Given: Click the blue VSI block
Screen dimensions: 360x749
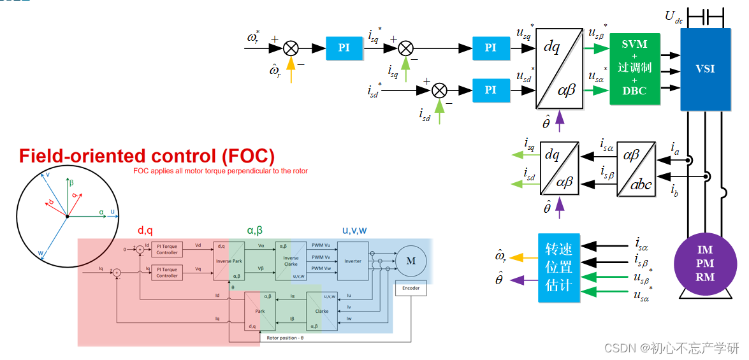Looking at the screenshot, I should point(705,69).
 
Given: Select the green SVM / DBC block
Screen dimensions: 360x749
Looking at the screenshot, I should point(634,68).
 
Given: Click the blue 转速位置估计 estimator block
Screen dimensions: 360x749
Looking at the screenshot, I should point(559,268).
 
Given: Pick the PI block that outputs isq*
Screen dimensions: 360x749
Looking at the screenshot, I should point(344,48).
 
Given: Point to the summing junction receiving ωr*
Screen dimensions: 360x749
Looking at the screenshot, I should point(291,48).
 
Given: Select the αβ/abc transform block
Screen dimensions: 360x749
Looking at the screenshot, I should point(636,169).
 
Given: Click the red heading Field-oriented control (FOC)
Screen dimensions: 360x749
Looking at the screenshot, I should point(147,156).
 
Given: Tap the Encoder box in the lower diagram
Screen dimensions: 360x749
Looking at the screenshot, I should point(411,288).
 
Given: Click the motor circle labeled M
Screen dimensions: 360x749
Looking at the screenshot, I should point(411,261).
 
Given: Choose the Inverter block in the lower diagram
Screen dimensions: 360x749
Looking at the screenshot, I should point(353,261).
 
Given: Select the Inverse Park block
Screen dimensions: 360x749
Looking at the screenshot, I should point(229,261).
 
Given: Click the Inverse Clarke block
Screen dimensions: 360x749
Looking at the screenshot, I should point(291,261).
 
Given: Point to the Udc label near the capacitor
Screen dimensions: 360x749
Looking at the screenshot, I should point(674,17).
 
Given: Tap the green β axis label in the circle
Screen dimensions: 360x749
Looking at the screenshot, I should point(72,182).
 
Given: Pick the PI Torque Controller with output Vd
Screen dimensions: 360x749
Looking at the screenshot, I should point(167,249).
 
